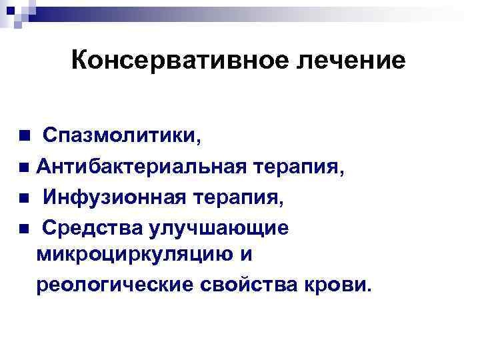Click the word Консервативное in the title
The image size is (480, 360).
(x=161, y=61)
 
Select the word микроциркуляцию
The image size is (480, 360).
(x=139, y=255)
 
